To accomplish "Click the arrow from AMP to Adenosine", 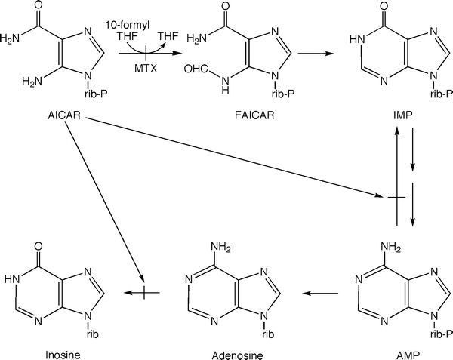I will pyautogui.click(x=314, y=290).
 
